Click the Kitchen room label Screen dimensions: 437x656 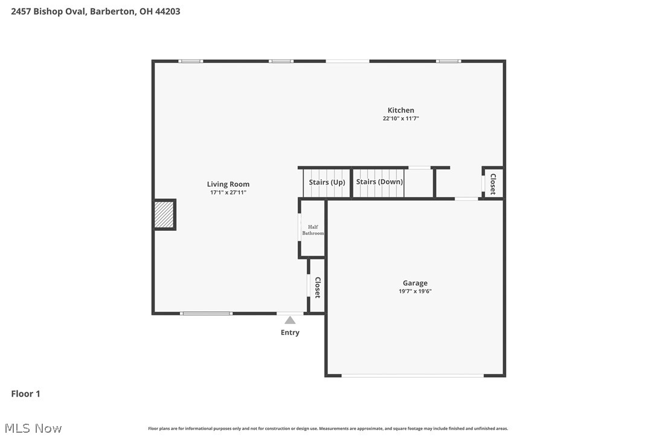(400, 110)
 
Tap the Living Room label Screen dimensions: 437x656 (228, 184)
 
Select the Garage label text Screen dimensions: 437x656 (415, 283)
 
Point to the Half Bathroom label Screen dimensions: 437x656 (313, 230)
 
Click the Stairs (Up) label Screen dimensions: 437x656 (327, 182)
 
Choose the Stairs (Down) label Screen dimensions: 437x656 (379, 181)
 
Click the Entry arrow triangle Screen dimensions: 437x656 (290, 320)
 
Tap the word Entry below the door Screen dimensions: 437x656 (290, 332)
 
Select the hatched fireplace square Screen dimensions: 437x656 (164, 215)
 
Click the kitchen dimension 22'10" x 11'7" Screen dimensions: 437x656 (400, 119)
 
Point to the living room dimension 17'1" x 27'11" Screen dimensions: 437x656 (228, 193)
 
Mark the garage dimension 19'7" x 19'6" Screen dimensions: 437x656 (415, 291)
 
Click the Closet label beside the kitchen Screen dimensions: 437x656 (493, 184)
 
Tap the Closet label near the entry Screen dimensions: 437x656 (317, 288)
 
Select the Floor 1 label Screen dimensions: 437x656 (25, 394)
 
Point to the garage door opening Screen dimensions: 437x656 (413, 376)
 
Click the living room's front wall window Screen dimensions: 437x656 (206, 313)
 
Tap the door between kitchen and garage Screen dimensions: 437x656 (466, 199)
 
